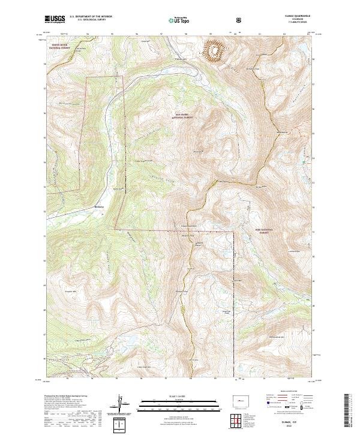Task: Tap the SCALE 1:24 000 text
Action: (172, 397)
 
